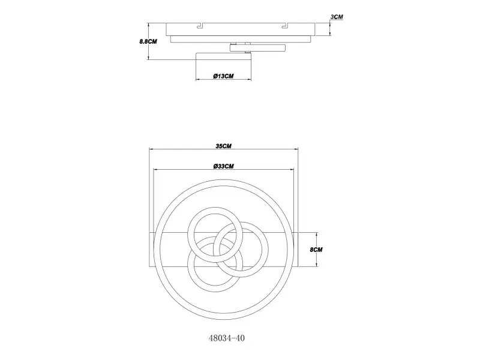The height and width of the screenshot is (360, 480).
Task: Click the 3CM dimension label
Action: tap(337, 17)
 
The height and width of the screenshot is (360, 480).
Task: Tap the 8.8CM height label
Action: tap(148, 41)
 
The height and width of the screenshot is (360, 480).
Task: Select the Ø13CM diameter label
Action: tap(223, 76)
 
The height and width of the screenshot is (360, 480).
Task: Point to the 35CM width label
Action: tap(223, 146)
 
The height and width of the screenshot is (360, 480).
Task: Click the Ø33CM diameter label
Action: tap(223, 166)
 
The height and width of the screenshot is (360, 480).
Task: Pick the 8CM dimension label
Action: tap(316, 250)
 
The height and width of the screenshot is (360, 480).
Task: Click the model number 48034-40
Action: tap(227, 338)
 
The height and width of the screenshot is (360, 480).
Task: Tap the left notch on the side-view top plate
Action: tap(200, 26)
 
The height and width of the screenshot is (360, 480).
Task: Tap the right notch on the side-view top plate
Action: tap(284, 26)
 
